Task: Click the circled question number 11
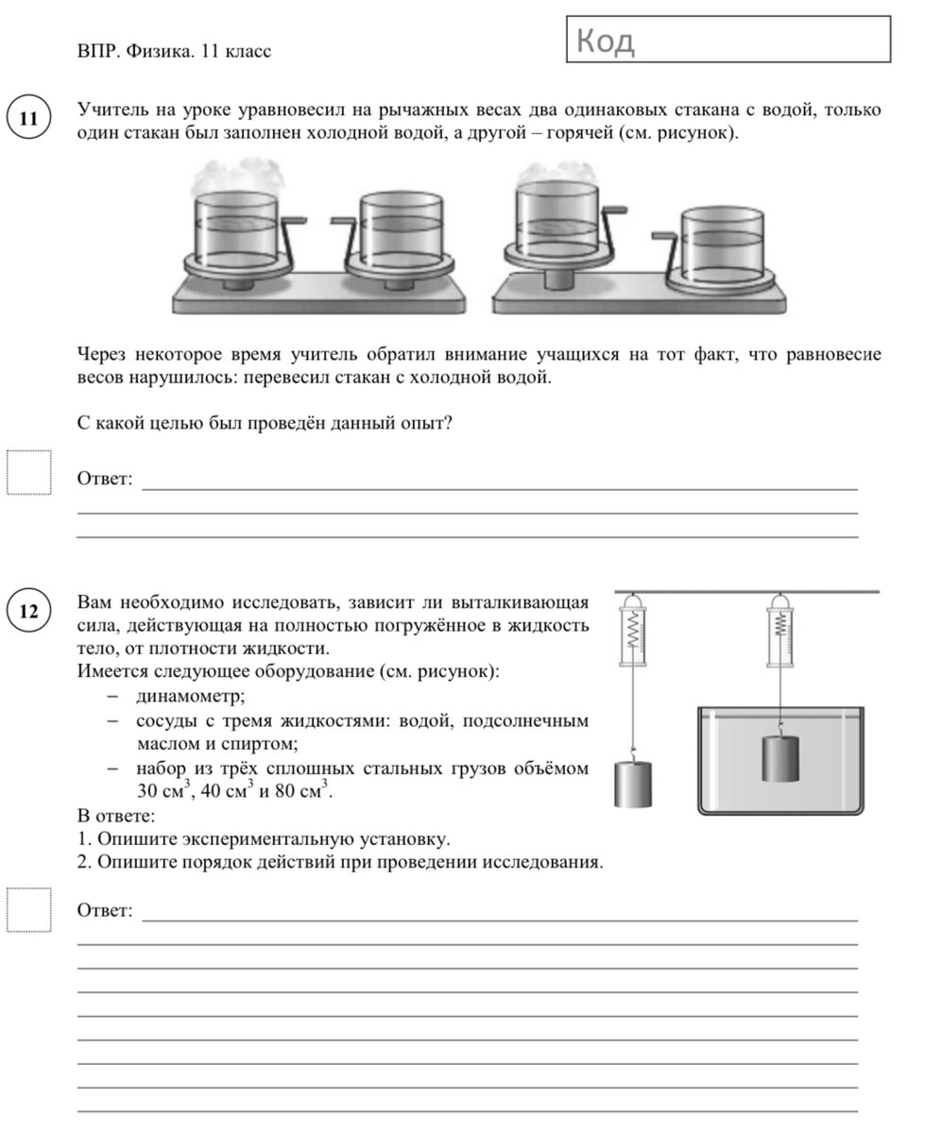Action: (x=28, y=119)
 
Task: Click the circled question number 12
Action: (x=28, y=612)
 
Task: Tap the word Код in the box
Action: (x=605, y=42)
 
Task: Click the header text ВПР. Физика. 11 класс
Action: (x=174, y=51)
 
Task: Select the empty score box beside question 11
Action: (x=29, y=472)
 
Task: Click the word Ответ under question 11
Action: (x=104, y=479)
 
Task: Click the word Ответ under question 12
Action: (x=104, y=911)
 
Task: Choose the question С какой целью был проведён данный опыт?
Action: (x=265, y=424)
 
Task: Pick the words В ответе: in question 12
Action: (x=115, y=815)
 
